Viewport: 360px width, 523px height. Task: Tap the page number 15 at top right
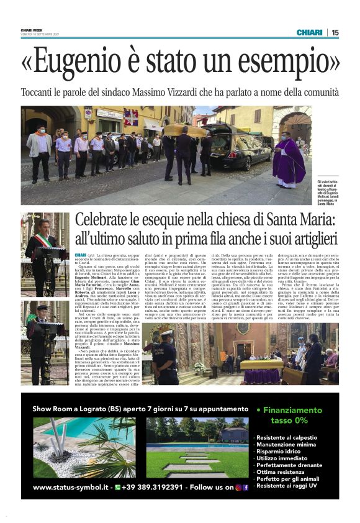pos(335,32)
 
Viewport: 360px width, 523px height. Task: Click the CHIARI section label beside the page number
pos(309,32)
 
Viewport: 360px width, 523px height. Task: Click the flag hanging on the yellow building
pos(132,116)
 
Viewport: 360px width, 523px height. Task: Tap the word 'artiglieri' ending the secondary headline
pos(302,239)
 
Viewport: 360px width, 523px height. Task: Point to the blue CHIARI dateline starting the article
pos(80,255)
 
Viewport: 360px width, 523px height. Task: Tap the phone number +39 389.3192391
pos(152,488)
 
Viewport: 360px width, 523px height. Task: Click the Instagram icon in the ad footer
pos(238,488)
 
